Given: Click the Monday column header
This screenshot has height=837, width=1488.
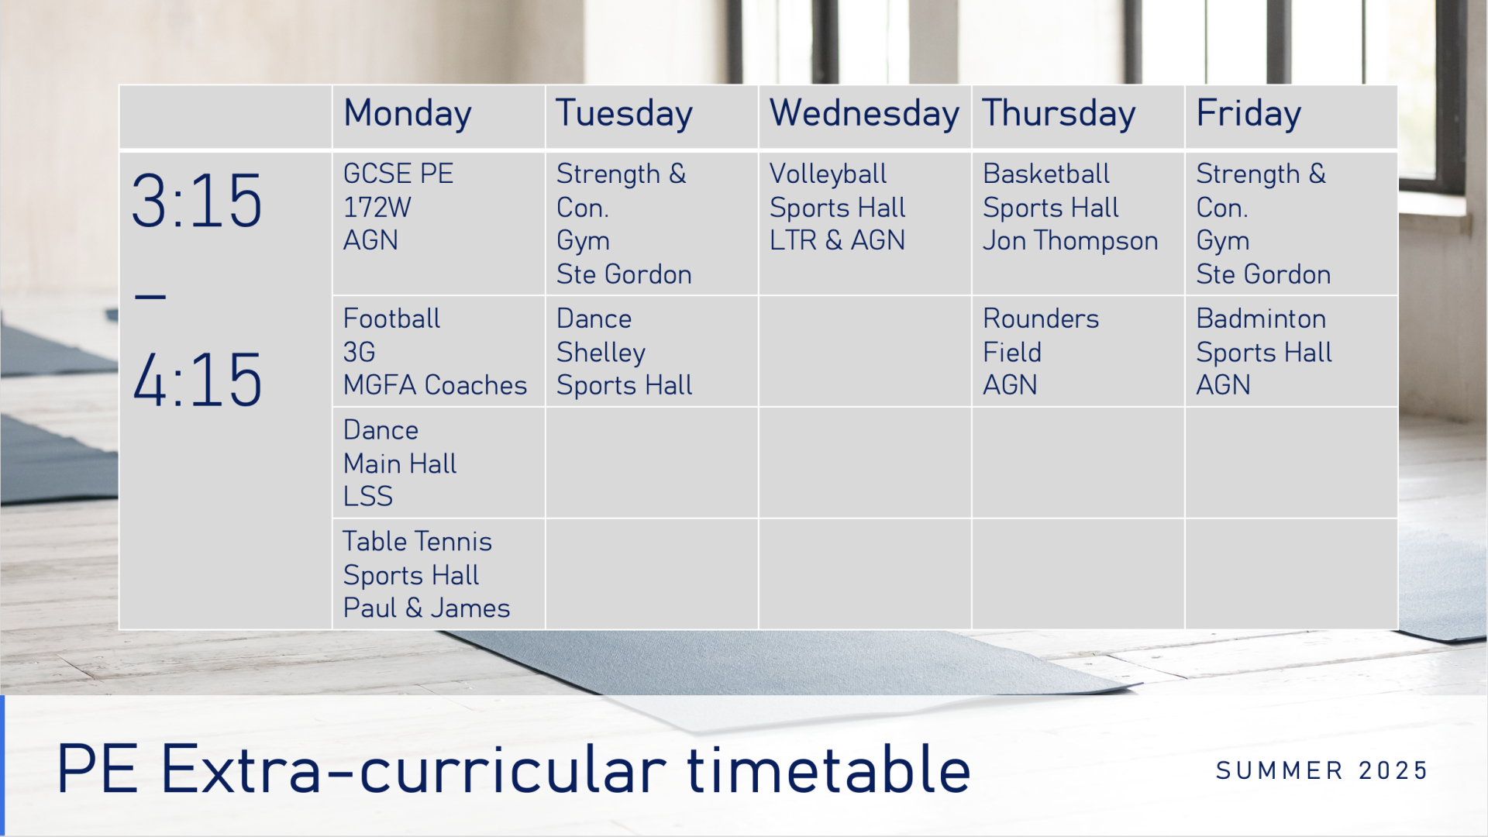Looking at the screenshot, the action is click(x=408, y=115).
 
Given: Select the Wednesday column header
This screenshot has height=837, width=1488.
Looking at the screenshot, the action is click(x=864, y=113).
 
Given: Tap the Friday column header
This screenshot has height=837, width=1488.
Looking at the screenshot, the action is click(x=1249, y=115).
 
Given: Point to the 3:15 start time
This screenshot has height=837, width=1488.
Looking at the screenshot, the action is click(x=197, y=201).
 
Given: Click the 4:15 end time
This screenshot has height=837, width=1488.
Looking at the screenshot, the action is click(x=197, y=379).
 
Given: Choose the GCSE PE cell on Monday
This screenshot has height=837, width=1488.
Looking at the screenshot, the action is click(x=439, y=223).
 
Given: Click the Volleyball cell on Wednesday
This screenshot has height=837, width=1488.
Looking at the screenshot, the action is click(x=865, y=223).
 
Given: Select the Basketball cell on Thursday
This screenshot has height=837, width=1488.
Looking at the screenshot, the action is click(x=1078, y=223).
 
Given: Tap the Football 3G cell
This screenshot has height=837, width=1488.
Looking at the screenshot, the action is click(x=439, y=351).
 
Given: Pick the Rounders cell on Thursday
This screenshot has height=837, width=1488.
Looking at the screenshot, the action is click(x=1078, y=351).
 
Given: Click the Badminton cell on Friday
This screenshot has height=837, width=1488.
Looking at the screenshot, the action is click(x=1291, y=351).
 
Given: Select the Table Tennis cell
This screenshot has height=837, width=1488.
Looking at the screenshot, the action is click(x=439, y=574).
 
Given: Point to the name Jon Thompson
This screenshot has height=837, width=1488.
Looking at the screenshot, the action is click(x=1070, y=241).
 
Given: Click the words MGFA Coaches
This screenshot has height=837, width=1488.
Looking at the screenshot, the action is click(x=435, y=385).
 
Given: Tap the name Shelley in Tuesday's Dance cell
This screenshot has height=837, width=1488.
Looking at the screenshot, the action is click(x=601, y=353).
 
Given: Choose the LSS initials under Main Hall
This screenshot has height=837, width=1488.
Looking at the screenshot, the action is click(x=368, y=496).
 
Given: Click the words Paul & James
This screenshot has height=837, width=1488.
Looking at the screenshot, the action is click(x=426, y=608).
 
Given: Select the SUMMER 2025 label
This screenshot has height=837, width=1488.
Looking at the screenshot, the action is click(x=1322, y=770).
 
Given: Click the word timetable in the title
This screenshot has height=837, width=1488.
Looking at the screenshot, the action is click(x=828, y=770).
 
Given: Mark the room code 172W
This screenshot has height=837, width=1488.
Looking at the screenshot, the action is click(x=377, y=208).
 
